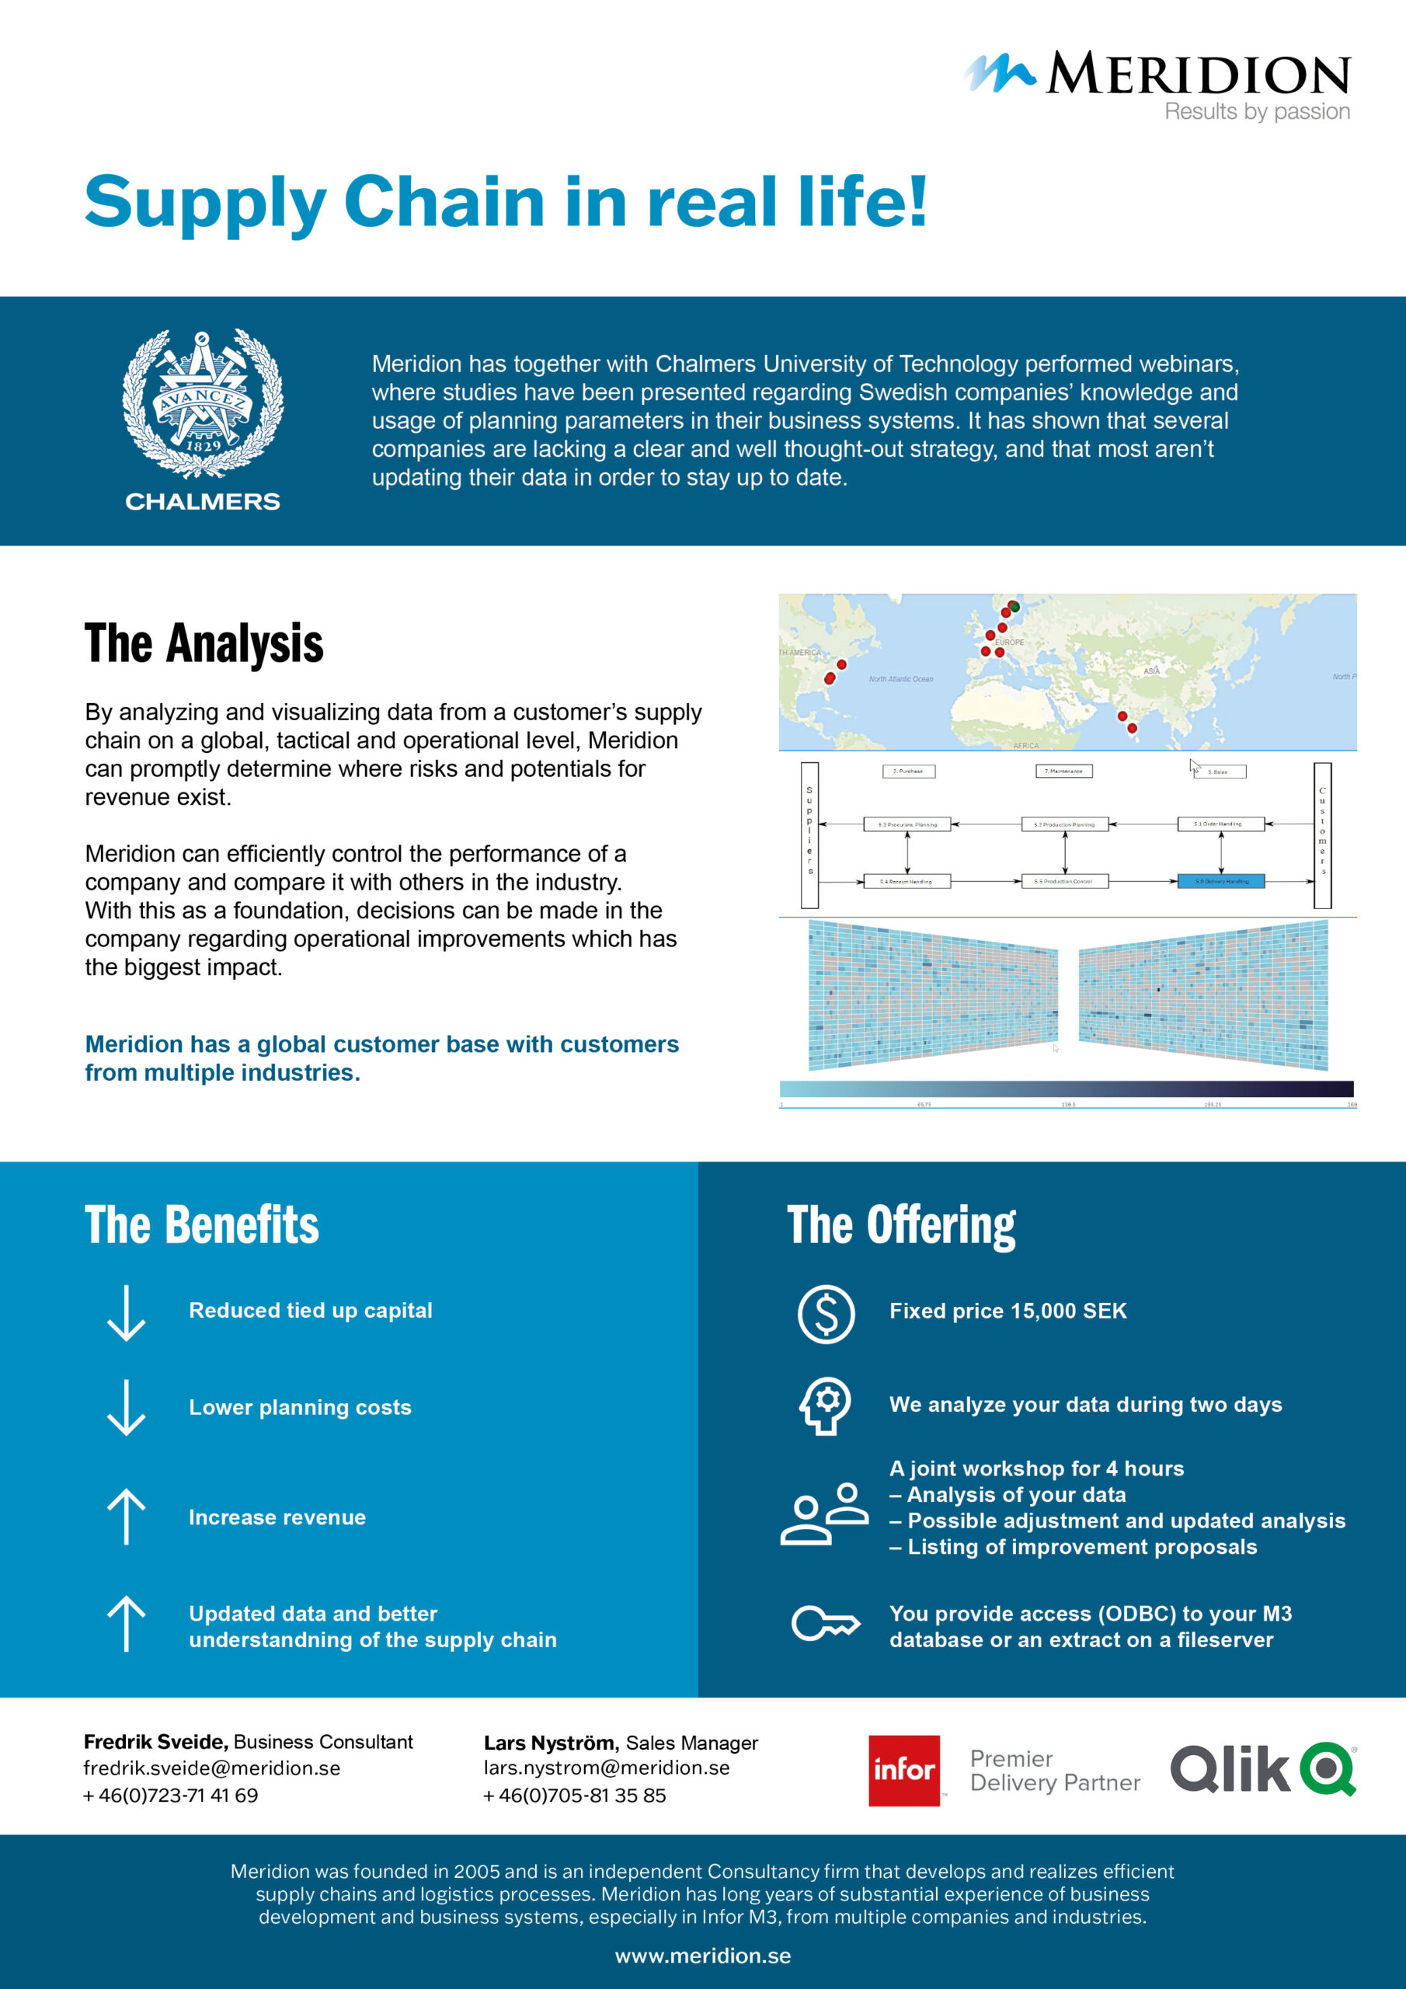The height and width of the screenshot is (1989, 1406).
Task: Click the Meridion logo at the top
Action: tap(1157, 75)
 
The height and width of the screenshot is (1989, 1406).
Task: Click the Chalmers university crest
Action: tap(203, 404)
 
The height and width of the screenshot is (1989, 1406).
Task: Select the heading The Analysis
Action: tap(204, 643)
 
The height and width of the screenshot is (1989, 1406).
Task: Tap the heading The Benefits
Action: tap(202, 1225)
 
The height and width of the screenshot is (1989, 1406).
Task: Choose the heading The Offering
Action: tap(901, 1226)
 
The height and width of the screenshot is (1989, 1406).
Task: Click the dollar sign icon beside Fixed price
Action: tap(826, 1313)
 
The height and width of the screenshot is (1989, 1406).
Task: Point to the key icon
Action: tap(826, 1623)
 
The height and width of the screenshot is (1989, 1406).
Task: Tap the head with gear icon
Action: tap(825, 1406)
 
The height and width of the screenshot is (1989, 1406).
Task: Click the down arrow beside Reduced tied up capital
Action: tap(127, 1313)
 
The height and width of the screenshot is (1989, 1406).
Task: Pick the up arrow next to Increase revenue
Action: tap(127, 1516)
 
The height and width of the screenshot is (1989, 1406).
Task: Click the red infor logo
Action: tap(903, 1770)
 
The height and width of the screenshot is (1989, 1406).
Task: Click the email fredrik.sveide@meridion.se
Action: tap(211, 1768)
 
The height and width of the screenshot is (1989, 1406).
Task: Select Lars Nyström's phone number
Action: tap(574, 1795)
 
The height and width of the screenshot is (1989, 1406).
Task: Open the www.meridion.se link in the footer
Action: tap(702, 1956)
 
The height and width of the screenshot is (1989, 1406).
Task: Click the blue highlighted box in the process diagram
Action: tap(1220, 881)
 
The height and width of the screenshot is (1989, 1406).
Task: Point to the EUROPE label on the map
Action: tap(1009, 642)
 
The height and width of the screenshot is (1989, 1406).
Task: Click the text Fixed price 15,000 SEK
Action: tap(1008, 1311)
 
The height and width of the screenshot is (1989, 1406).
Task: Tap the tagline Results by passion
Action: tap(1256, 112)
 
